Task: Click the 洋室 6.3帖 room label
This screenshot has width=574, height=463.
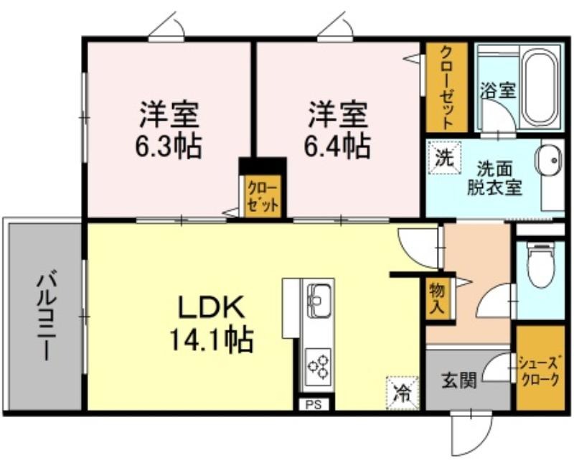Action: (x=169, y=129)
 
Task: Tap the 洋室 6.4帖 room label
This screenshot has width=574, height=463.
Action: (x=337, y=129)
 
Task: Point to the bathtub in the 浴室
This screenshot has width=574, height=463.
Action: (x=541, y=88)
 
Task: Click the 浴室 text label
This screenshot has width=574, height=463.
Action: (x=497, y=90)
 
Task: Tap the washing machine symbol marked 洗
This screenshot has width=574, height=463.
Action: (x=444, y=158)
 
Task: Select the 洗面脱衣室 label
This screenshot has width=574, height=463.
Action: (x=494, y=179)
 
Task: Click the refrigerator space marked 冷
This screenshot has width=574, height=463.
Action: (x=402, y=393)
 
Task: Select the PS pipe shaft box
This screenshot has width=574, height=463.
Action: (x=314, y=404)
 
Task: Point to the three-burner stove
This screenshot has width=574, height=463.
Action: (x=317, y=367)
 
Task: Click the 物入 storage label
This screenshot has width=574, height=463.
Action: (x=437, y=298)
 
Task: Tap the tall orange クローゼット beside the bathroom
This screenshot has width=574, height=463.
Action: (x=446, y=88)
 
